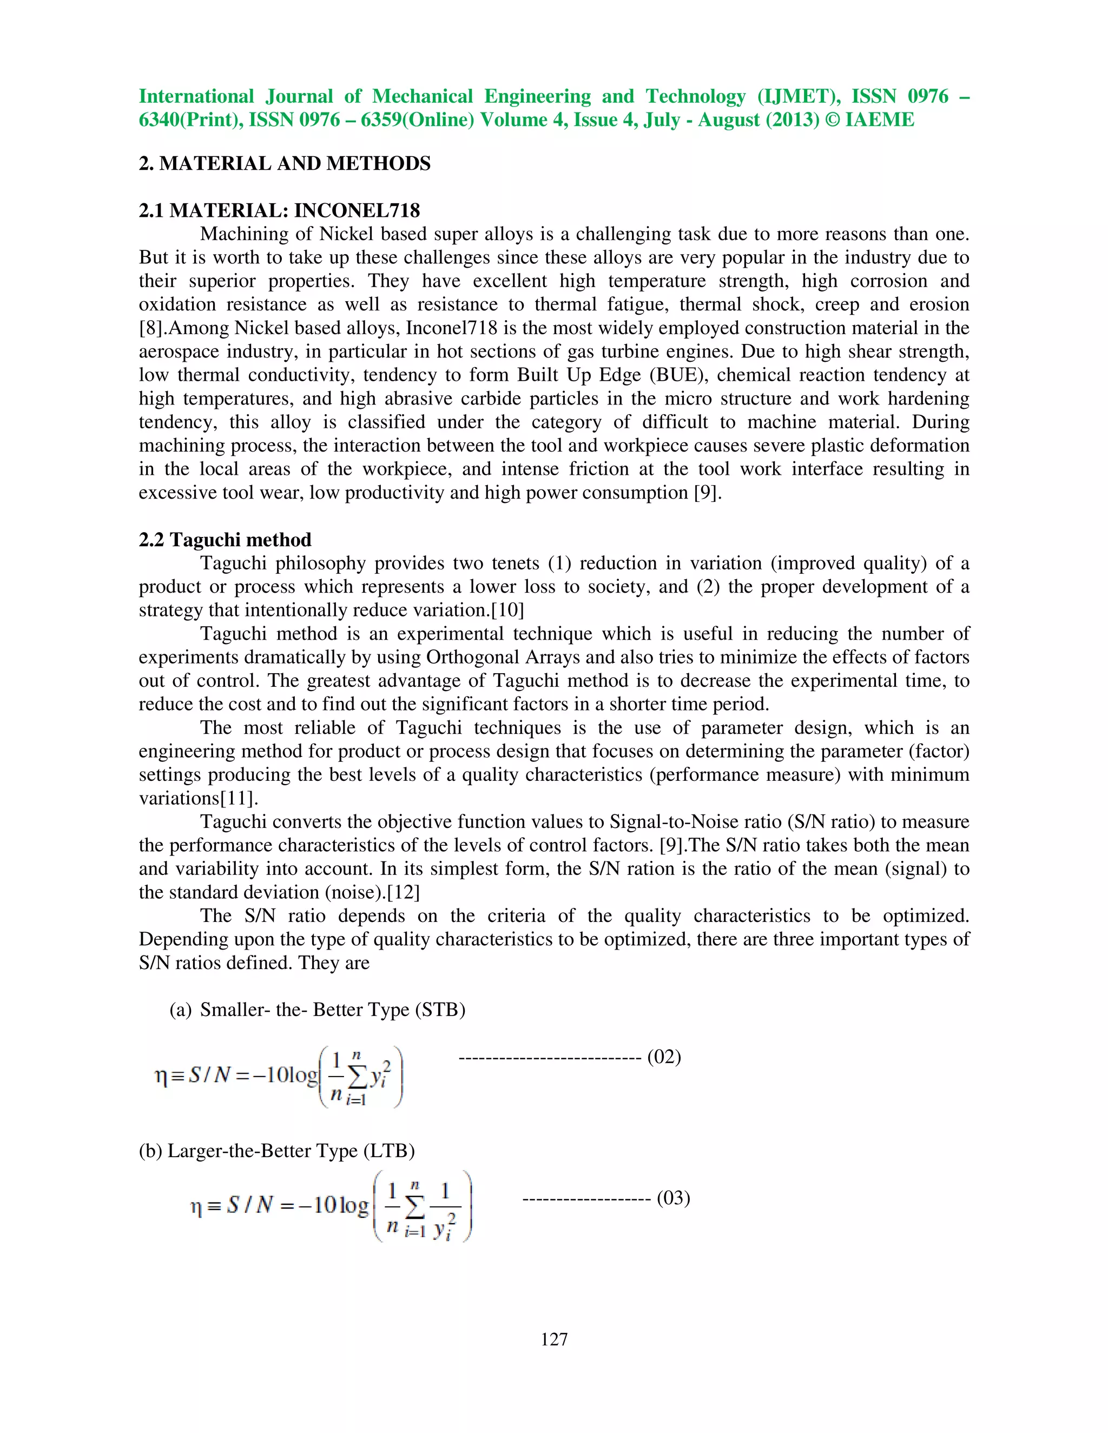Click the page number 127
pos(554,1339)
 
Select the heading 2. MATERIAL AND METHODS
pos(284,163)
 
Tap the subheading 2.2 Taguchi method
pos(225,540)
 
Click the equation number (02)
pos(664,1057)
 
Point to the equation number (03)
pos(673,1198)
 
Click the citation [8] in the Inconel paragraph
pos(150,328)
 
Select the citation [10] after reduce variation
pos(507,610)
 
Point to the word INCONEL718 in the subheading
pos(357,210)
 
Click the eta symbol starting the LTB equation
pos(195,1208)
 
